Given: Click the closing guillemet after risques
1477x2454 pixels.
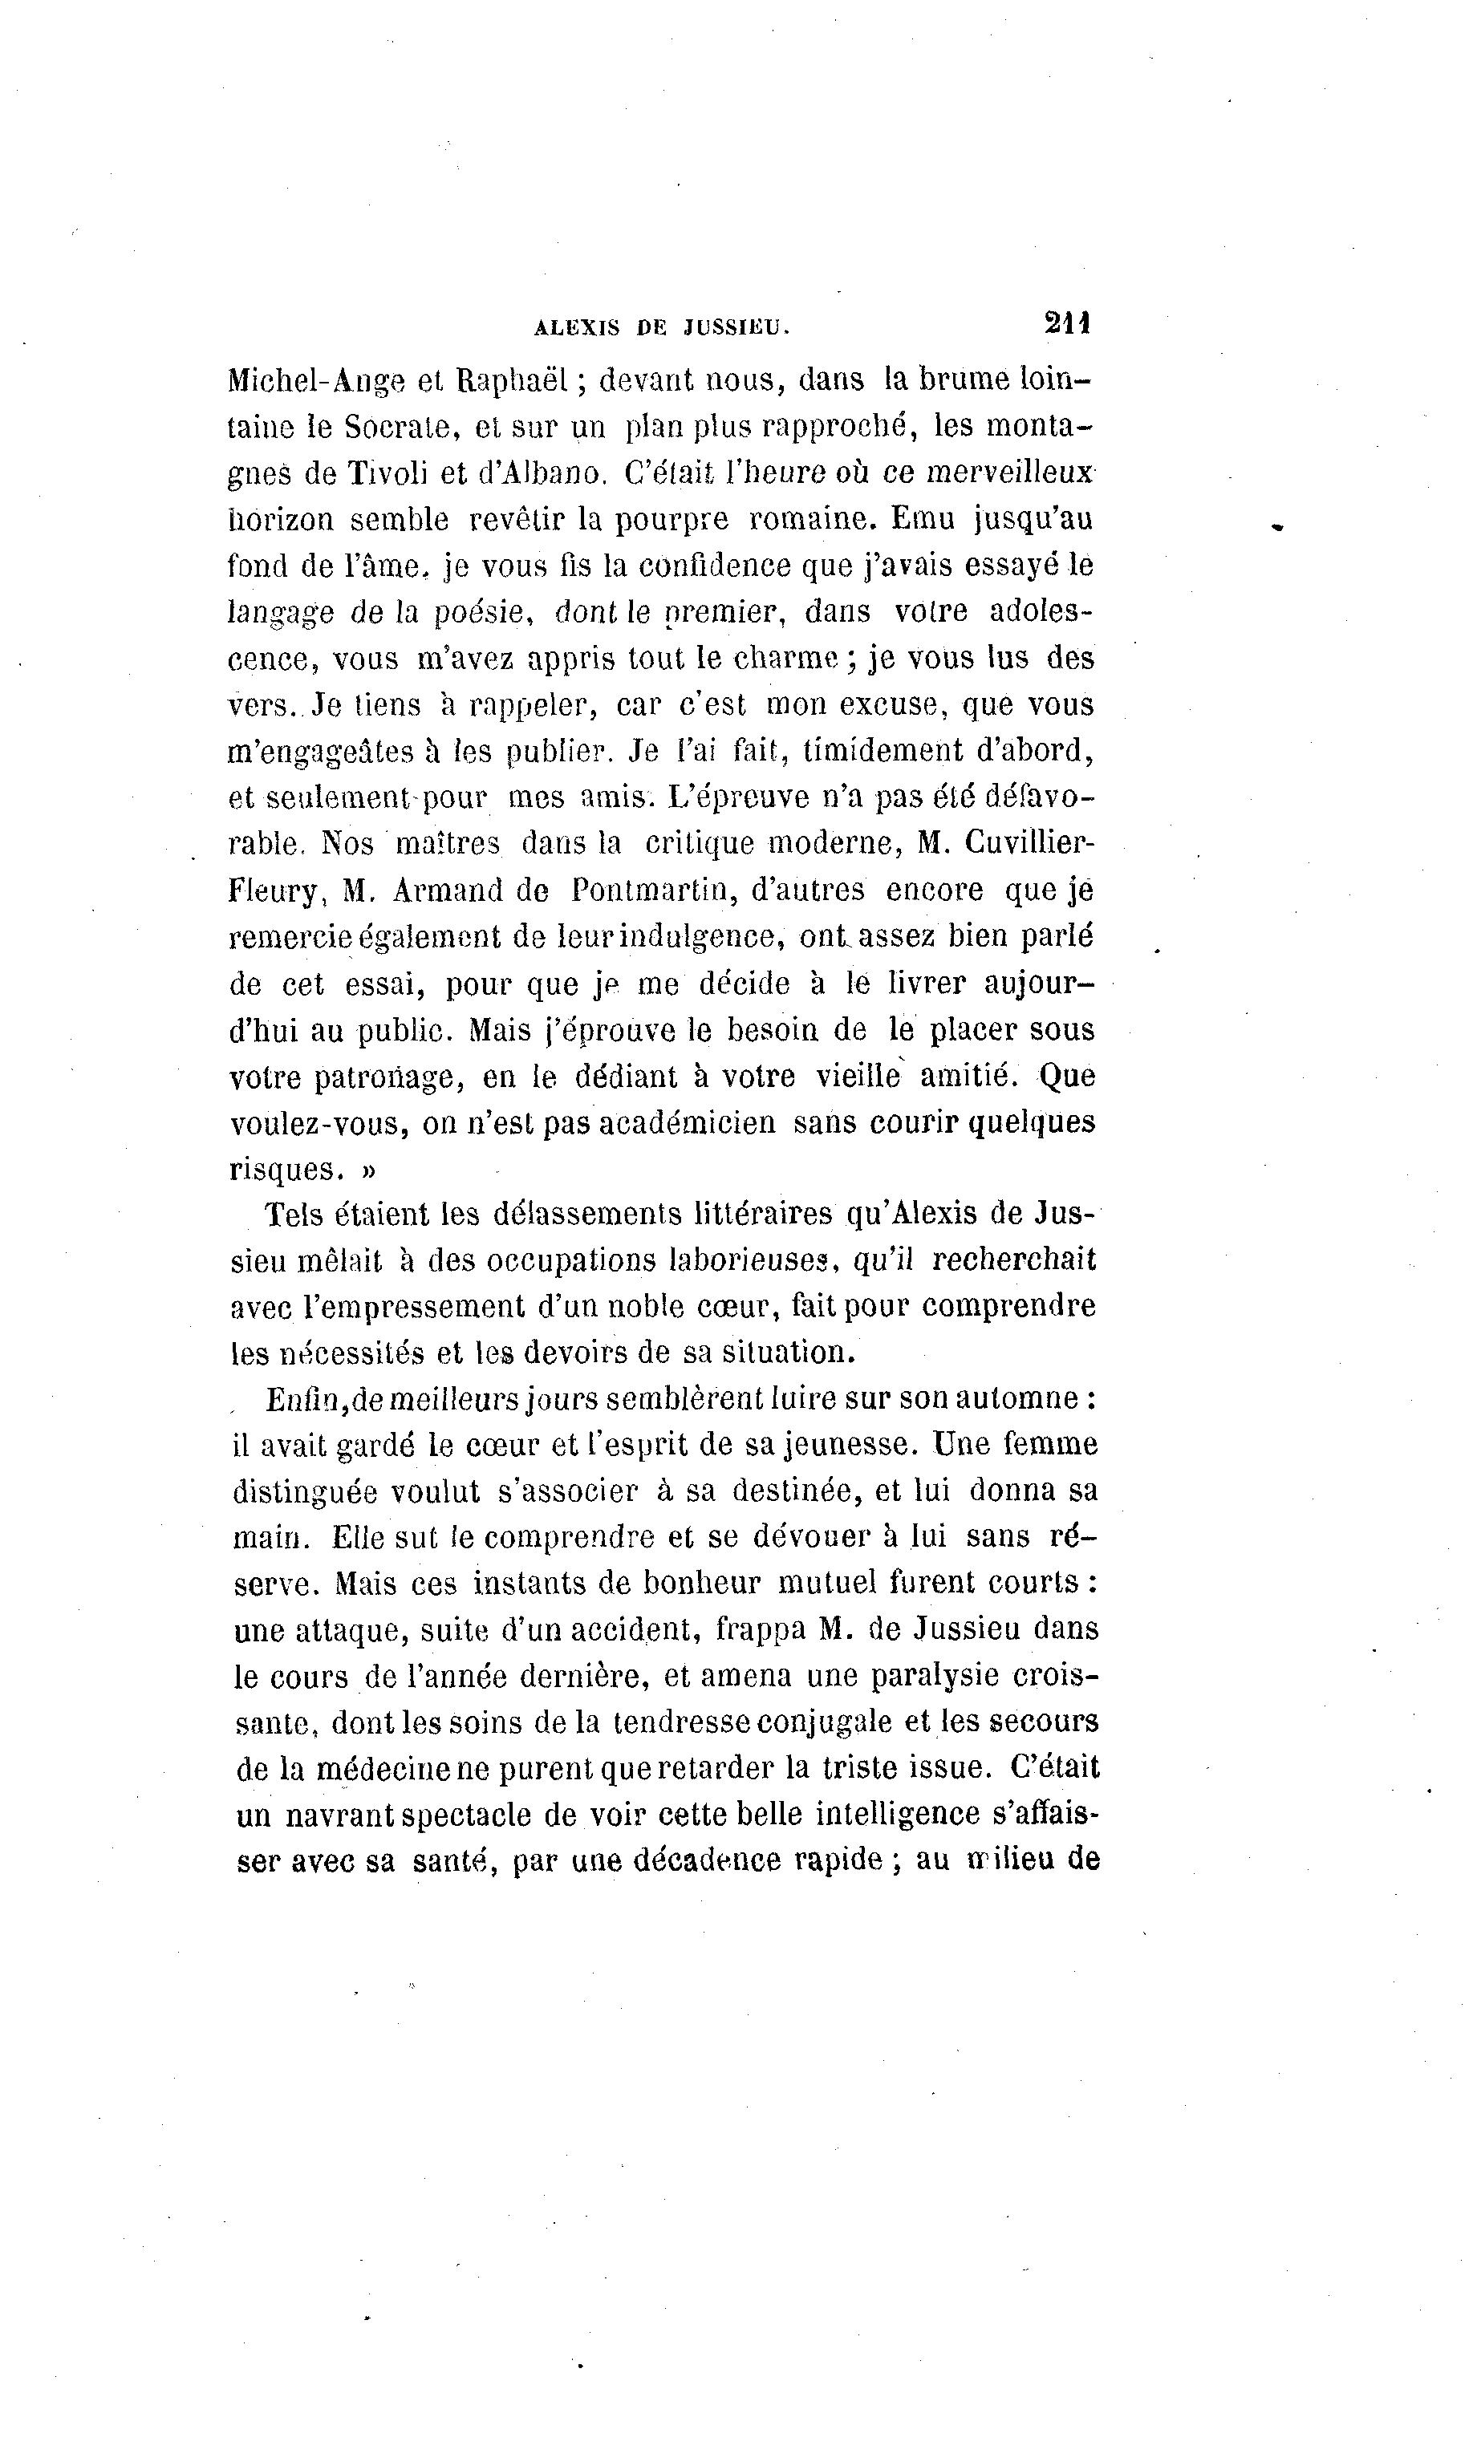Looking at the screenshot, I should pos(367,1170).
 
